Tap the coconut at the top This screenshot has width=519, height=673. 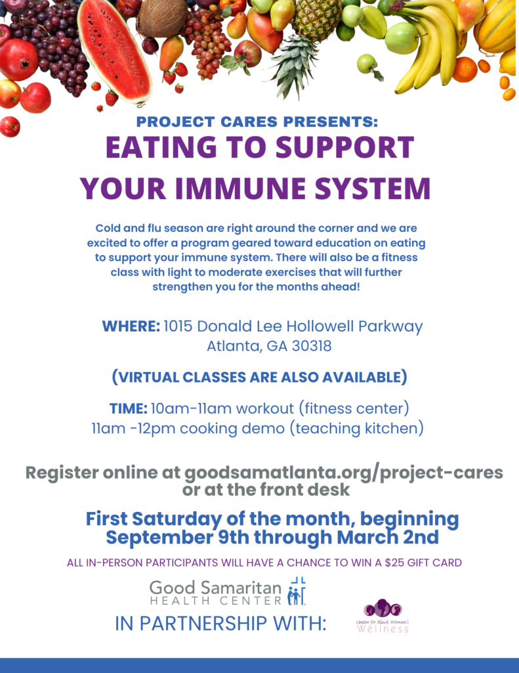pos(161,17)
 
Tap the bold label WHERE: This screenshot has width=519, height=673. pos(131,326)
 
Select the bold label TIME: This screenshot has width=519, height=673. pos(128,408)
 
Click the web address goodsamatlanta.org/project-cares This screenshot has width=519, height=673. pos(344,473)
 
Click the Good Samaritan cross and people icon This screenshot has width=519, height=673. pos(297,592)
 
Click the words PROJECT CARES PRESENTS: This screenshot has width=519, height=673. pos(257,122)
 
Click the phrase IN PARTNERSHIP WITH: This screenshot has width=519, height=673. pos(220,623)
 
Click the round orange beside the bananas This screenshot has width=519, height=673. pos(465,69)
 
